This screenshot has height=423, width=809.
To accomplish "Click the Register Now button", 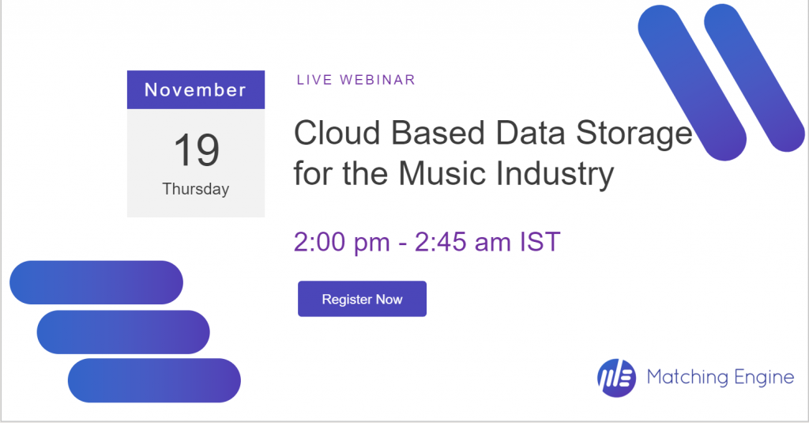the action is click(362, 299).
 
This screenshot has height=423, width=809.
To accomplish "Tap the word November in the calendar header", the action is click(196, 90).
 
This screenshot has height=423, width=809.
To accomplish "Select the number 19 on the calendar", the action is click(197, 149).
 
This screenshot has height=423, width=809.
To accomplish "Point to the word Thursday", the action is click(196, 189).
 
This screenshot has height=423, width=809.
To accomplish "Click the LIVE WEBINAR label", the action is click(356, 80).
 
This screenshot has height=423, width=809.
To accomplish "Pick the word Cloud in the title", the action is click(337, 133).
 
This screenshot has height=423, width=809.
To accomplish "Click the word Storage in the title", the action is click(634, 134).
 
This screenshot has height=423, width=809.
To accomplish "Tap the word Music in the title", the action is click(442, 173).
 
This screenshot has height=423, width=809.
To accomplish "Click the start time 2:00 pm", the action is click(341, 242).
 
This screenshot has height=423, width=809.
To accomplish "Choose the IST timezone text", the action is click(540, 242).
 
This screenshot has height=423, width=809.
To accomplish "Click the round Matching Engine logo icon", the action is click(616, 378).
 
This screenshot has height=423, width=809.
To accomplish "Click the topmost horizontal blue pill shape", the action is click(96, 282).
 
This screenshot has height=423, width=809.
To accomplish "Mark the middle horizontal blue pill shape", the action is click(123, 332).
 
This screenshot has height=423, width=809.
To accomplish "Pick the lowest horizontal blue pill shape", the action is click(154, 380).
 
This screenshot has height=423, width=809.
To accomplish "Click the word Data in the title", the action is click(530, 133).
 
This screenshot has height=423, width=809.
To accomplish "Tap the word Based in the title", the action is click(438, 133).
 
